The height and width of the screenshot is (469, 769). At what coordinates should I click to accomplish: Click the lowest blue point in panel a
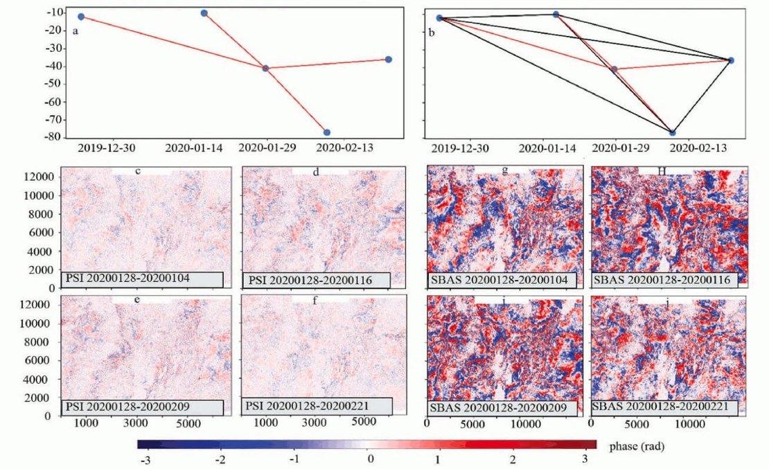tap(327, 132)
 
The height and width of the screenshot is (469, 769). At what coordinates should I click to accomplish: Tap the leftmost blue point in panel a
tap(81, 16)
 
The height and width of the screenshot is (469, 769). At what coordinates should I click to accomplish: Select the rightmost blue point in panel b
tap(731, 60)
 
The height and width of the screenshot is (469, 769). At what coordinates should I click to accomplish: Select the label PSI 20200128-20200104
tap(142, 279)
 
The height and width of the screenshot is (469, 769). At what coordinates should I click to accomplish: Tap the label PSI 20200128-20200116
tap(317, 280)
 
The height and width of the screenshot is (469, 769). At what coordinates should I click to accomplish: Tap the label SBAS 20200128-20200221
tap(662, 407)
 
